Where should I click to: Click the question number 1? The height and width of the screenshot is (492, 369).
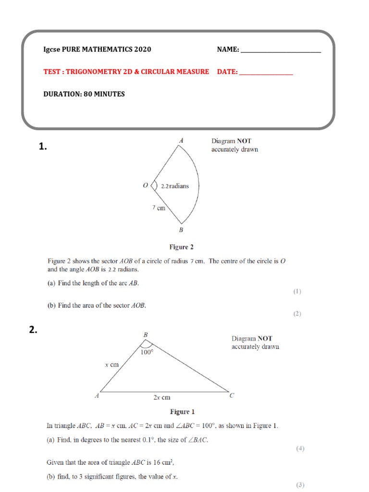pyautogui.click(x=43, y=148)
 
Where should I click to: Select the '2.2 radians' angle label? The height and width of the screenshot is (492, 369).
pyautogui.click(x=174, y=186)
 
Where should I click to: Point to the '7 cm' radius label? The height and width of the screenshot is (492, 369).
pyautogui.click(x=159, y=208)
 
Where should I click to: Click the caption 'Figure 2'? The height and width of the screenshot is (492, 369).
pyautogui.click(x=181, y=247)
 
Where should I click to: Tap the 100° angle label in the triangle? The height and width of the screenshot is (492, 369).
pyautogui.click(x=147, y=352)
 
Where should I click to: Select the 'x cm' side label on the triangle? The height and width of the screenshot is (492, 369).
pyautogui.click(x=111, y=365)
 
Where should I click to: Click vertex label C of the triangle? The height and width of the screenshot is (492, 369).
pyautogui.click(x=232, y=395)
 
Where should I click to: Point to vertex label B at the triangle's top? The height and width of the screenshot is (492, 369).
pyautogui.click(x=146, y=334)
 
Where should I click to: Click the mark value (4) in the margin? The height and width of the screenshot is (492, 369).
pyautogui.click(x=300, y=449)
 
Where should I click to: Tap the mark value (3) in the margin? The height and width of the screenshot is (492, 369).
pyautogui.click(x=300, y=485)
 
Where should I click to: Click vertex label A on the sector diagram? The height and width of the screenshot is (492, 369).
pyautogui.click(x=181, y=141)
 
